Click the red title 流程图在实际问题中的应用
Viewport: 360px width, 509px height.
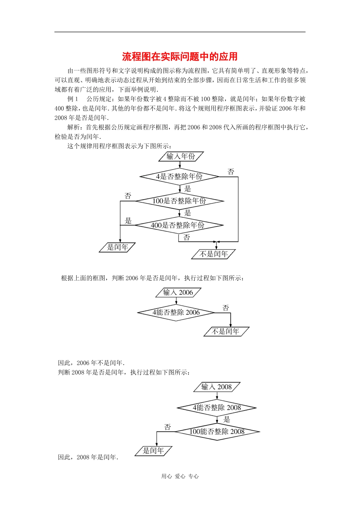pyautogui.click(x=180, y=57)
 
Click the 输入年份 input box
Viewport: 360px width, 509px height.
pyautogui.click(x=181, y=156)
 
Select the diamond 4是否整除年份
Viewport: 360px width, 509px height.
pyautogui.click(x=179, y=176)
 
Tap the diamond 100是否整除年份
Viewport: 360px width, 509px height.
pyautogui.click(x=179, y=201)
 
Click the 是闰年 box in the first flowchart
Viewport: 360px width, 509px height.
pyautogui.click(x=117, y=247)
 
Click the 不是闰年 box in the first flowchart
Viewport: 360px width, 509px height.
pyautogui.click(x=214, y=254)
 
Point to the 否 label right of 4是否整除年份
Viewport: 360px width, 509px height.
pyautogui.click(x=231, y=172)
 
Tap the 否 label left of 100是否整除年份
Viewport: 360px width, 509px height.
pyautogui.click(x=128, y=196)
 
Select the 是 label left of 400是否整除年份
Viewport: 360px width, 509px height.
pyautogui.click(x=128, y=221)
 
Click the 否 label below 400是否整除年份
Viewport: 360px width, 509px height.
pyautogui.click(x=186, y=237)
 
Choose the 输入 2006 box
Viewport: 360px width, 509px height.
pyautogui.click(x=178, y=292)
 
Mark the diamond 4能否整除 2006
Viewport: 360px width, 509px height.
pyautogui.click(x=176, y=312)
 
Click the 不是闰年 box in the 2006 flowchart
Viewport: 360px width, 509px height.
pyautogui.click(x=226, y=332)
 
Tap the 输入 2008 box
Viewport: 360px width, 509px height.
pyautogui.click(x=217, y=387)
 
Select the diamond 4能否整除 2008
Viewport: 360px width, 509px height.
pyautogui.click(x=217, y=408)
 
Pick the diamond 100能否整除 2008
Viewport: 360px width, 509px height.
pyautogui.click(x=217, y=432)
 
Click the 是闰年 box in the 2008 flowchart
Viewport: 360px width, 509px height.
pyautogui.click(x=153, y=451)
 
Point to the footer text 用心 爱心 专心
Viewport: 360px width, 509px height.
pyautogui.click(x=180, y=476)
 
